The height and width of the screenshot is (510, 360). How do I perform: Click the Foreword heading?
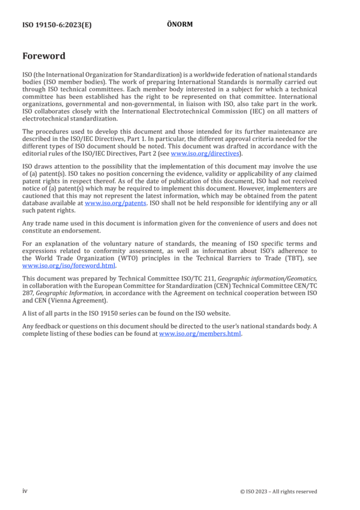[x=44, y=56]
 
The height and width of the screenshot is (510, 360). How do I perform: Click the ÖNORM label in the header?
[x=180, y=24]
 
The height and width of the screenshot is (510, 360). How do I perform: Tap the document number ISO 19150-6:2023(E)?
[x=57, y=25]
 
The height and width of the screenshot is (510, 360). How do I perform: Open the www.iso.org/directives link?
[x=205, y=154]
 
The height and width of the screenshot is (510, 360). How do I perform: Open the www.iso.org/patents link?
[x=115, y=203]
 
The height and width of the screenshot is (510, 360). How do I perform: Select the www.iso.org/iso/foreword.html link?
[x=69, y=266]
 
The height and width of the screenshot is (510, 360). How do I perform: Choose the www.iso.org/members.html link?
[x=200, y=333]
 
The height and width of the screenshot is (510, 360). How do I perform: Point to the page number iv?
[x=25, y=491]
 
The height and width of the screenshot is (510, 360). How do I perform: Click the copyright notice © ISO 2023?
[x=278, y=492]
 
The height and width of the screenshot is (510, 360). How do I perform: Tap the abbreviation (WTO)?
[x=127, y=258]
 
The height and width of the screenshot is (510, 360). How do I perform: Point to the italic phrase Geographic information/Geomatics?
[x=268, y=279]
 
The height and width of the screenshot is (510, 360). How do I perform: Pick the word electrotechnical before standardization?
[x=48, y=119]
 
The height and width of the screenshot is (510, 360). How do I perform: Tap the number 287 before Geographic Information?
[x=28, y=293]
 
